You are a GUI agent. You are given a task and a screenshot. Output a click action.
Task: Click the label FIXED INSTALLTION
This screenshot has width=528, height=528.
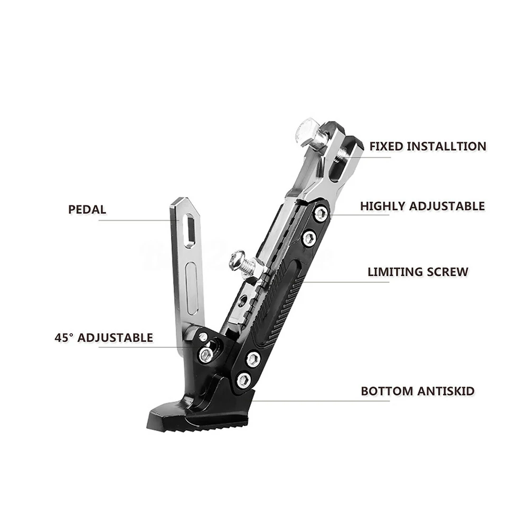click(428, 146)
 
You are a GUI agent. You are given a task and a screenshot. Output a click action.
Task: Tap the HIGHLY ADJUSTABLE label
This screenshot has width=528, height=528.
click(422, 206)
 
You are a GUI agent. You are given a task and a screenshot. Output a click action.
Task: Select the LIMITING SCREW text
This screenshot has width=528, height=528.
click(418, 272)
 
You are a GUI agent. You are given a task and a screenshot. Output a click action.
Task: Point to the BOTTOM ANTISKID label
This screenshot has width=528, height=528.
click(417, 391)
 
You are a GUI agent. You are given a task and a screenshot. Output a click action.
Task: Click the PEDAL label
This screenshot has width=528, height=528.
click(87, 209)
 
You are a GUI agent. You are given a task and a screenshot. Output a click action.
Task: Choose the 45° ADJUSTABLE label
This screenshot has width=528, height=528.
click(103, 337)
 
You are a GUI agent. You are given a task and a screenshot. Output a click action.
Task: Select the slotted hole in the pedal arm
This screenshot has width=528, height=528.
click(188, 230)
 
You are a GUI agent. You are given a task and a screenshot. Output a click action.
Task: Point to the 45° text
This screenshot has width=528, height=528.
click(64, 337)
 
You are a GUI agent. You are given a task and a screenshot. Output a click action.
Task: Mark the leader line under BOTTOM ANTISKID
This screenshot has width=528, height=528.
click(322, 401)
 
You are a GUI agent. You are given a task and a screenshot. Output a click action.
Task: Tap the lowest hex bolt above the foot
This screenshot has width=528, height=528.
click(243, 379)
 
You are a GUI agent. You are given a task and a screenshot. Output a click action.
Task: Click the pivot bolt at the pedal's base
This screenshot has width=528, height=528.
click(206, 354)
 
